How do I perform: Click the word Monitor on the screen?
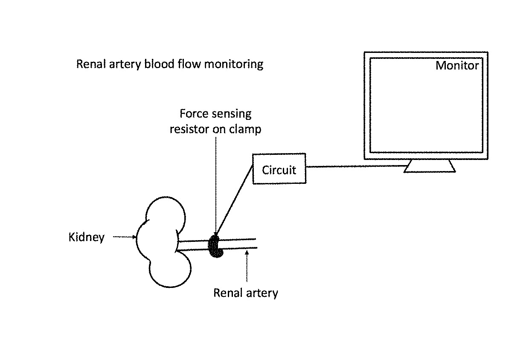tap(457, 65)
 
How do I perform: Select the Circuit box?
tap(279, 168)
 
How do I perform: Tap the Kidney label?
tap(87, 237)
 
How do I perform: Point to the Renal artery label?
tap(246, 293)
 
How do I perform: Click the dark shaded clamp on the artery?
tap(215, 246)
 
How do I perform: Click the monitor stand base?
tap(430, 166)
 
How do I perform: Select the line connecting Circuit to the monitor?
tap(357, 166)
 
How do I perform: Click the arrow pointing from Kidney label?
tap(125, 237)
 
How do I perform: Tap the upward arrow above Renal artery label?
tap(247, 266)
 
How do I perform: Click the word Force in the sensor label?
tap(191, 113)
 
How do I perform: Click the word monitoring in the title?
tap(234, 64)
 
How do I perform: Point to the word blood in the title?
tap(160, 64)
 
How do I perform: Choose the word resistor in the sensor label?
tap(189, 129)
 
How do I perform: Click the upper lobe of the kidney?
tap(166, 197)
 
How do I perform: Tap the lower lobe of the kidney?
tap(170, 287)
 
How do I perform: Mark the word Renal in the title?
tap(91, 64)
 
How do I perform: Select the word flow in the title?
tap(189, 64)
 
